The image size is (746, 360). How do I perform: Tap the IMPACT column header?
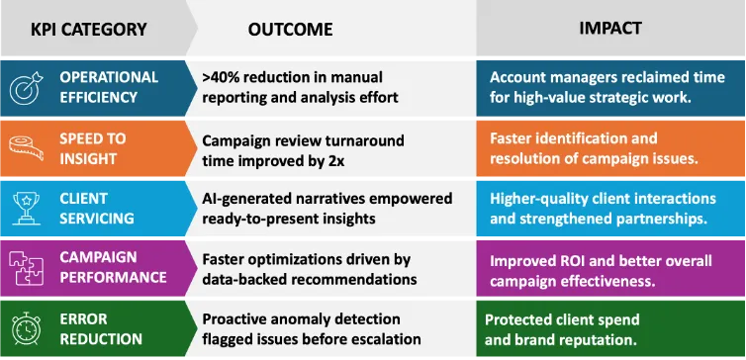coord(609,29)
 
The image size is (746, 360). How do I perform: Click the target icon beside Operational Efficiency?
coord(24,87)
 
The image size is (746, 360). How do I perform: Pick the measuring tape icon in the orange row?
coord(24,148)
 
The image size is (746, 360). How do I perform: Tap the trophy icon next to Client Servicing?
coord(24,209)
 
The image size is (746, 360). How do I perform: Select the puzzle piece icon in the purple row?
coord(24,269)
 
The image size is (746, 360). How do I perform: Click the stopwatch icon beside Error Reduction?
coord(24,329)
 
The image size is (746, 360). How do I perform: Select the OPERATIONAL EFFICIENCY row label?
coord(109,87)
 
